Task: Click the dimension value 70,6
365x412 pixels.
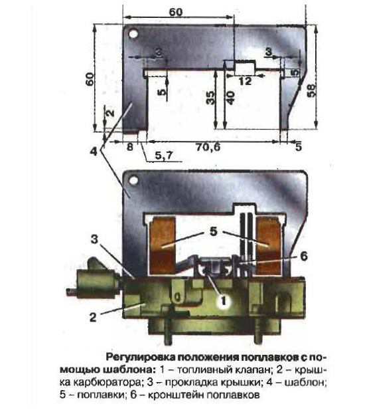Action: (x=208, y=147)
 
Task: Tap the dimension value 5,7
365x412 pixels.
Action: (x=164, y=155)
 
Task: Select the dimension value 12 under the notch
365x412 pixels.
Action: (x=245, y=81)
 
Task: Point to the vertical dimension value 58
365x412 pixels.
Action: (x=311, y=91)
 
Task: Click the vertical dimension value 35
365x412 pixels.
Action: (x=210, y=98)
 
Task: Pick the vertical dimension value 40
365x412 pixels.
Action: (x=230, y=98)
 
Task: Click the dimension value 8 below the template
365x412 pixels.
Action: (x=130, y=147)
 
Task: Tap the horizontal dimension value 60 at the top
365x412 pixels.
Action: (x=176, y=12)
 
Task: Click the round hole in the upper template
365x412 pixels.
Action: (x=133, y=34)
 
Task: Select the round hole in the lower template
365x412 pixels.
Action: (x=133, y=181)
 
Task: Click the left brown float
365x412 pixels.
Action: (x=162, y=246)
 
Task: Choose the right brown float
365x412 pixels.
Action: (x=269, y=246)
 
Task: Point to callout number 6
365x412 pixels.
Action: (x=303, y=257)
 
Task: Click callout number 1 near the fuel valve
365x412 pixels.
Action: (x=224, y=300)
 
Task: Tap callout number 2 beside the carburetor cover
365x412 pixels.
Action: (x=93, y=318)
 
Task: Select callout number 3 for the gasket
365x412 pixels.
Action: (x=94, y=239)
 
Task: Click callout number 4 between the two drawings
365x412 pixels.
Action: (x=94, y=152)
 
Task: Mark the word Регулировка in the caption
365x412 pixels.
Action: (x=140, y=358)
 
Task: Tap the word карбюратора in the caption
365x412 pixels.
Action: (x=108, y=383)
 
